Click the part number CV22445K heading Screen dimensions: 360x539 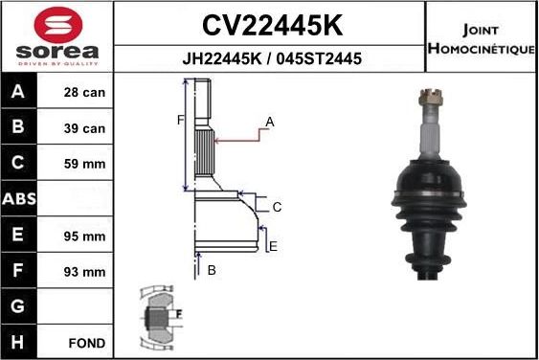click(271, 23)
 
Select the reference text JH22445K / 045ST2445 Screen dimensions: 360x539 click(271, 58)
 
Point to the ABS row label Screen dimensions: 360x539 click(20, 200)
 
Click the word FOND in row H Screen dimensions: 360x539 click(86, 342)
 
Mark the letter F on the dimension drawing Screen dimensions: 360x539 click(179, 120)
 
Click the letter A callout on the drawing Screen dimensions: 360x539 click(270, 122)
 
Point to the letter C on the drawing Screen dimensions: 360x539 click(276, 207)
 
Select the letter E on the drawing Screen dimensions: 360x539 click(273, 246)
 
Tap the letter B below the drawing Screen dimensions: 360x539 click(212, 271)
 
